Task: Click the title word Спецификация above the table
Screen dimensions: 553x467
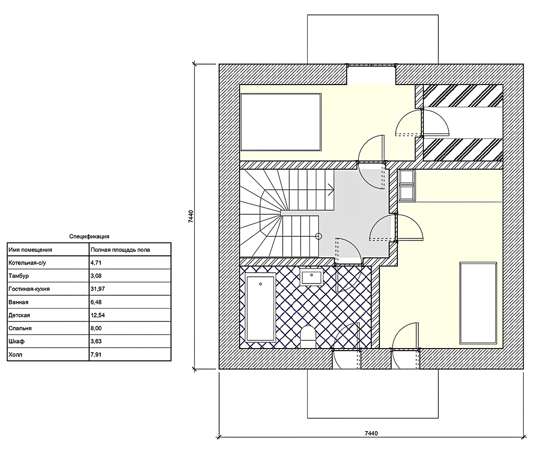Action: pos(89,236)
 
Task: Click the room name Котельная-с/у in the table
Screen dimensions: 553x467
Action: pos(27,262)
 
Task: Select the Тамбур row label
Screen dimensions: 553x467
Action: pos(19,276)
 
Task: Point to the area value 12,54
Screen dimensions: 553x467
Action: pos(98,315)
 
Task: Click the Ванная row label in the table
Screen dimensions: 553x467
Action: pos(18,302)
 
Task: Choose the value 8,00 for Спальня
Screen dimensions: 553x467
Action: pos(96,328)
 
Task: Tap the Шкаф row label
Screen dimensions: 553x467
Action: pos(16,341)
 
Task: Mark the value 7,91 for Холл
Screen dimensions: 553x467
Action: pos(96,354)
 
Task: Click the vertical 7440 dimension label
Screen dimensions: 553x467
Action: pos(191,216)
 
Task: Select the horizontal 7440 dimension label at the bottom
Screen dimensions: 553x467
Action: pos(371,433)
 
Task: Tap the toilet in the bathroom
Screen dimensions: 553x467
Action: pos(308,337)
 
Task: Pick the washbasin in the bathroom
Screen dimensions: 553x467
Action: pos(312,277)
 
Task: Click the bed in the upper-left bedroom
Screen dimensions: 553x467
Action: pos(281,122)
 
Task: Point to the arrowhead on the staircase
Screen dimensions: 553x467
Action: pos(331,190)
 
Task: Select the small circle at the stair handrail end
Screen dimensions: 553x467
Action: pos(319,236)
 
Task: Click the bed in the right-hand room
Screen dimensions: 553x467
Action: pos(478,303)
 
